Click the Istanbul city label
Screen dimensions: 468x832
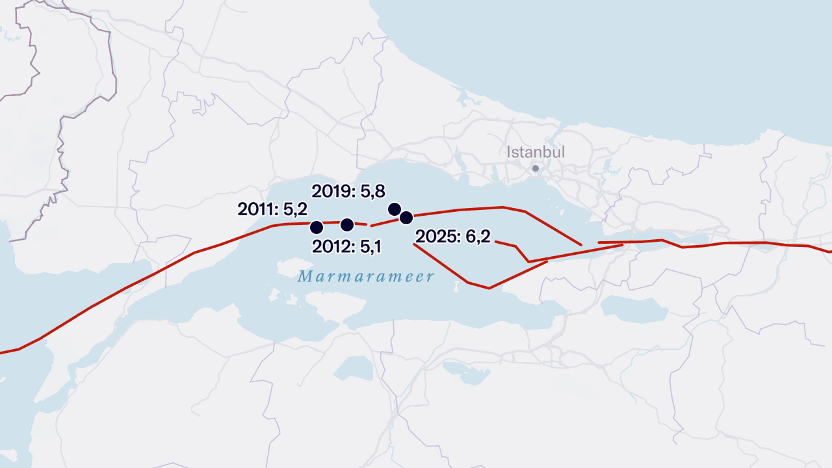pyautogui.click(x=536, y=152)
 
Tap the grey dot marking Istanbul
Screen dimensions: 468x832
pyautogui.click(x=536, y=168)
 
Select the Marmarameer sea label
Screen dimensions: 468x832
pyautogui.click(x=366, y=277)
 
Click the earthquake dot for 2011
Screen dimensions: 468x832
pyautogui.click(x=317, y=227)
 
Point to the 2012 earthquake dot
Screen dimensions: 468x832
pyautogui.click(x=346, y=225)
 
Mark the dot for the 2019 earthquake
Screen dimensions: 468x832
pyautogui.click(x=394, y=209)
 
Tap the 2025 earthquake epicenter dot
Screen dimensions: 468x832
pyautogui.click(x=406, y=217)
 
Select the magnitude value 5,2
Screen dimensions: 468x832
pyautogui.click(x=295, y=209)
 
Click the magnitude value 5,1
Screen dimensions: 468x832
pyautogui.click(x=369, y=247)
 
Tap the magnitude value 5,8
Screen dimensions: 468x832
pyautogui.click(x=372, y=191)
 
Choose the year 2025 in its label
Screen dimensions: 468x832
pyautogui.click(x=435, y=237)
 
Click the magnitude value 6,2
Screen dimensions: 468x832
pyautogui.click(x=478, y=237)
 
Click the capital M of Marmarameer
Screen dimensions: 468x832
pyautogui.click(x=304, y=277)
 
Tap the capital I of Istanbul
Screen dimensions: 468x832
pyautogui.click(x=509, y=152)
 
